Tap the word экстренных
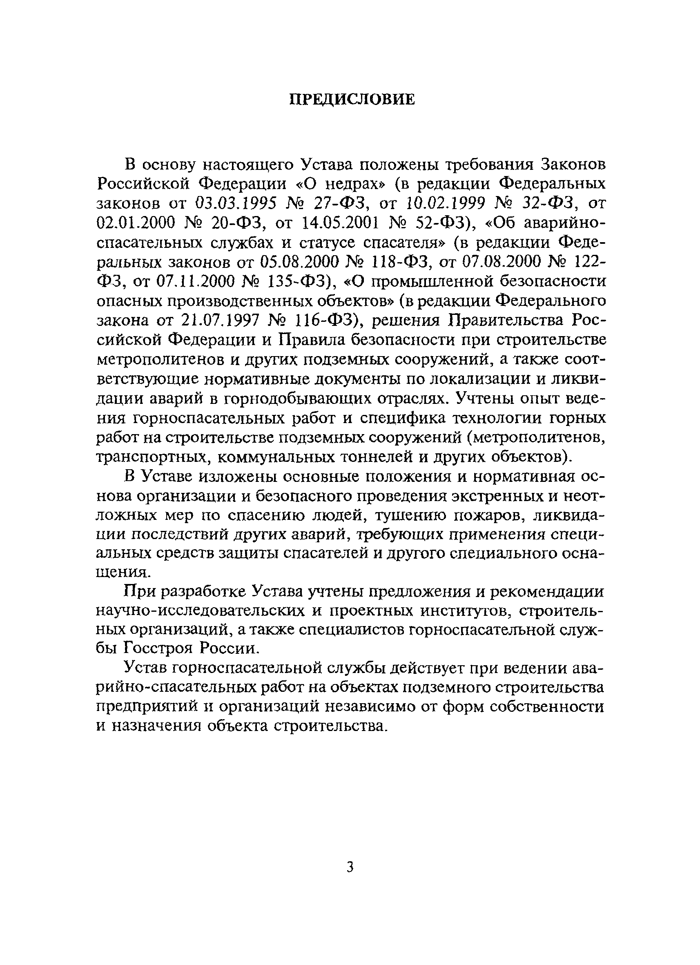[494, 496]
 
